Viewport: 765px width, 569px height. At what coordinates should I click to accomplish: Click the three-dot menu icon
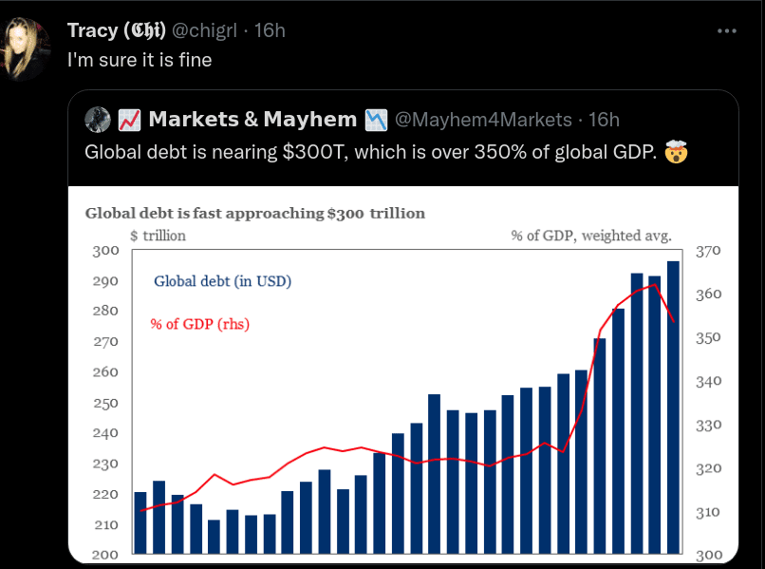pos(726,30)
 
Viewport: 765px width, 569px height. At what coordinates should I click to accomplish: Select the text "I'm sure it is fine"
pos(140,60)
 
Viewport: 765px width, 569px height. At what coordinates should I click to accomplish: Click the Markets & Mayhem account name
pos(252,119)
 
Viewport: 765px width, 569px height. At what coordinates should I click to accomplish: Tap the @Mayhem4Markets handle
pos(483,120)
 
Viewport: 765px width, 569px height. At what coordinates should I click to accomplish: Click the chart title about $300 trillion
pos(254,213)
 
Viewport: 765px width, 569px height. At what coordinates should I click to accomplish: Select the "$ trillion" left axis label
pos(158,236)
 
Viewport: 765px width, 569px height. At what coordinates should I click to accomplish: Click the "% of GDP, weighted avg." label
pos(591,236)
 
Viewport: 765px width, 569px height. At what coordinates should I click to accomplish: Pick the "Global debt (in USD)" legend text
pos(222,281)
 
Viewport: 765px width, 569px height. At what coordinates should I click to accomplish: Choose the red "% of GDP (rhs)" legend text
pos(199,324)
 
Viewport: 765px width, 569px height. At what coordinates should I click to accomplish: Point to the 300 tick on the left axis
pos(105,251)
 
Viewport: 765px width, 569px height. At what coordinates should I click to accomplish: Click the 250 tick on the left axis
pos(105,403)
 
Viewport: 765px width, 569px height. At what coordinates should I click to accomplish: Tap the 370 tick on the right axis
pos(709,251)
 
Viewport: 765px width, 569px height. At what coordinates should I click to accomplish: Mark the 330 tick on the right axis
pos(709,425)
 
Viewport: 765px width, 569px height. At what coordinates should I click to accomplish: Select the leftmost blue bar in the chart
pos(140,522)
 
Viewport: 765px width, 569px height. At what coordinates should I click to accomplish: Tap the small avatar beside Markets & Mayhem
pos(98,119)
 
